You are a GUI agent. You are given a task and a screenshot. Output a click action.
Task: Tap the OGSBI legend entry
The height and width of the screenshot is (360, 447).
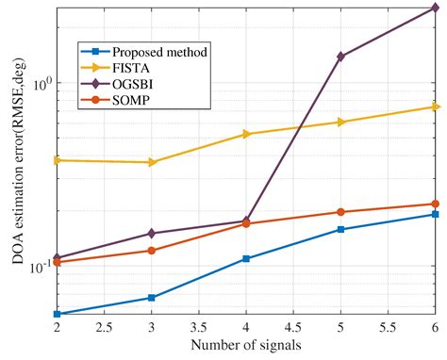tap(132, 83)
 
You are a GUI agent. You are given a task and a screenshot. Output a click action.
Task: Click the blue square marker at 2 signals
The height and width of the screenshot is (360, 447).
tap(58, 314)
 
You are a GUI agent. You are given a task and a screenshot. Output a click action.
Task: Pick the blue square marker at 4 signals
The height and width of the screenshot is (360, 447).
tap(246, 258)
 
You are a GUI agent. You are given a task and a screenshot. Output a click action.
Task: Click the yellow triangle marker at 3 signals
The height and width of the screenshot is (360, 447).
tap(152, 162)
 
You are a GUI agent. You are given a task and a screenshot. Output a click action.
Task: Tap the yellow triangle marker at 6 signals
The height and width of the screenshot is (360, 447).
tap(435, 106)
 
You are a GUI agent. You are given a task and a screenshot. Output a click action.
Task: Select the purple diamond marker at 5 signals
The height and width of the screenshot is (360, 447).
tap(340, 57)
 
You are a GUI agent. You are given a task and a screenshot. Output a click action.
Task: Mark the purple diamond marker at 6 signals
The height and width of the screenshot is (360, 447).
tap(435, 8)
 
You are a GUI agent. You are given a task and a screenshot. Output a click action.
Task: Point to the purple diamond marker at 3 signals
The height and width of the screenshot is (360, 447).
tap(152, 233)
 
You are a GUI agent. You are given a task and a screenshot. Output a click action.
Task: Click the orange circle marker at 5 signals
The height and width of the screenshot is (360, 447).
tap(340, 212)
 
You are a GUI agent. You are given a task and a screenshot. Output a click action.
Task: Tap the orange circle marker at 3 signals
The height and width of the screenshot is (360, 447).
tap(152, 250)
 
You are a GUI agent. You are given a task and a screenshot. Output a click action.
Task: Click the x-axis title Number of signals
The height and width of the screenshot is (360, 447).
tap(246, 346)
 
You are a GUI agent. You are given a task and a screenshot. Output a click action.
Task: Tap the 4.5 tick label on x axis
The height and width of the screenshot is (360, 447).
tap(293, 330)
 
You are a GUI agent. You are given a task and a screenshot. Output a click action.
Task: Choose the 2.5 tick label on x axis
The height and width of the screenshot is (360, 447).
tap(105, 330)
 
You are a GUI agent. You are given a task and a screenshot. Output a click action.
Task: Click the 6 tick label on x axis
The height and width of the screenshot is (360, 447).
tap(435, 330)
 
